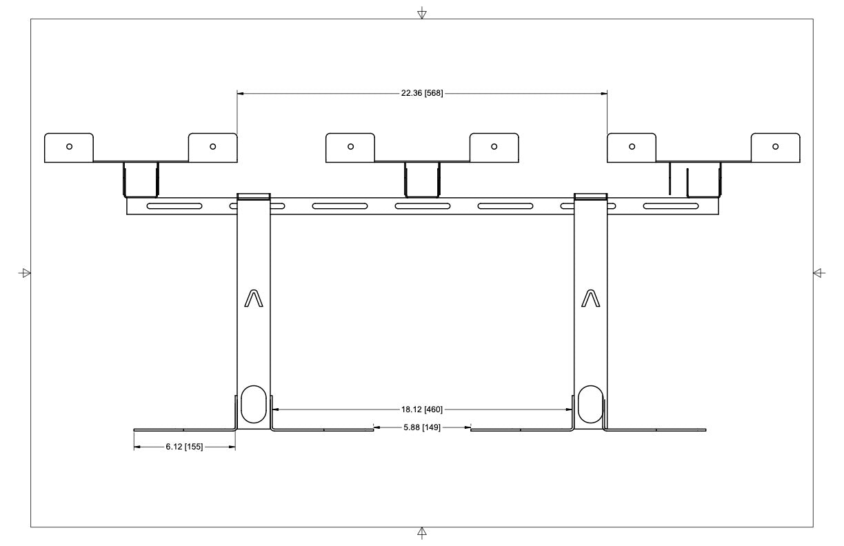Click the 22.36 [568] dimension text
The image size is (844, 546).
[x=422, y=94]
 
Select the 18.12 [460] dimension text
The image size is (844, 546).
[x=422, y=410]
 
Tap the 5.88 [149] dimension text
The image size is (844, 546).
[x=422, y=428]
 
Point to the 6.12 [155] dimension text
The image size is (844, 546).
[x=184, y=447]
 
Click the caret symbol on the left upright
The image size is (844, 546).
[x=254, y=298]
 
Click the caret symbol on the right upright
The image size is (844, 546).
[x=591, y=298]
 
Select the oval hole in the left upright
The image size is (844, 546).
[x=252, y=404]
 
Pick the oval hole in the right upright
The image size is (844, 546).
[x=590, y=404]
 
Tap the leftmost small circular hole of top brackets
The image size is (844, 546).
[x=69, y=146]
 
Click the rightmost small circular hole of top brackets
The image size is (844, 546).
[x=776, y=146]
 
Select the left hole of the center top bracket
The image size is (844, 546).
[x=350, y=146]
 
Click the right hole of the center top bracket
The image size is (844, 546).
[x=494, y=146]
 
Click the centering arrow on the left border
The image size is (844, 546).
[x=26, y=273]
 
